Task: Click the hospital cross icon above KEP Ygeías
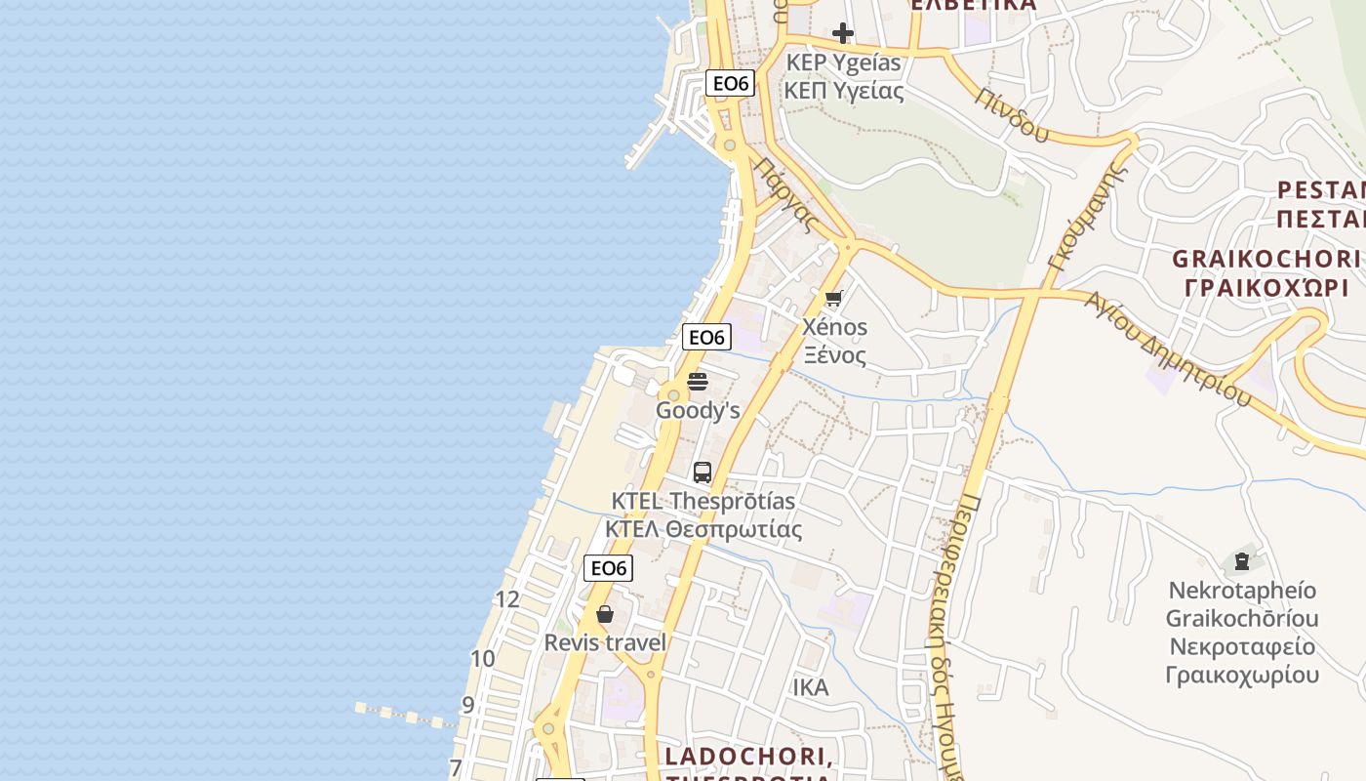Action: [x=842, y=34]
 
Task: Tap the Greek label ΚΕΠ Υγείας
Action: [x=844, y=92]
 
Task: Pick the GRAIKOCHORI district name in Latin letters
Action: [x=1266, y=259]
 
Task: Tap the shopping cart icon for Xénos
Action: [x=833, y=299]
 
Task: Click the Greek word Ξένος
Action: [x=834, y=354]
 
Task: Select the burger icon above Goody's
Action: [x=698, y=381]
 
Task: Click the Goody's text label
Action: [x=698, y=410]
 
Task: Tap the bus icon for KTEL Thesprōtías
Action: [x=703, y=473]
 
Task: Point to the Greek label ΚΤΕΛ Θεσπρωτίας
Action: [x=703, y=530]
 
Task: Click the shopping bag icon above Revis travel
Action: [x=605, y=614]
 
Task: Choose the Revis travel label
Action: [x=605, y=642]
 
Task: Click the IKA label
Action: [x=810, y=687]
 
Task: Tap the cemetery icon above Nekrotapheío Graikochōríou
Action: [x=1241, y=561]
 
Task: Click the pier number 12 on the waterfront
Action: [x=507, y=599]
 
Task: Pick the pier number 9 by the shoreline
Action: [x=468, y=704]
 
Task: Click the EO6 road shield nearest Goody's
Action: [x=706, y=338]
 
